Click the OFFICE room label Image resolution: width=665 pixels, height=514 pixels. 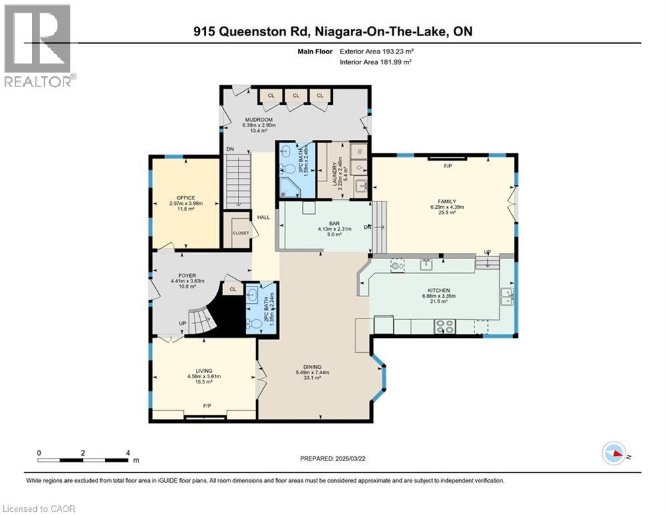(186, 198)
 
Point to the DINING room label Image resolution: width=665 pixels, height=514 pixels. (312, 367)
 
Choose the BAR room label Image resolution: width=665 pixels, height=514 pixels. (327, 222)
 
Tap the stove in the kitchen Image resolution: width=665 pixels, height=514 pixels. (444, 327)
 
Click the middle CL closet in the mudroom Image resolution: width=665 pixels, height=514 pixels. (295, 96)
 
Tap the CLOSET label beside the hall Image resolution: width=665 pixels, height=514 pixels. (240, 233)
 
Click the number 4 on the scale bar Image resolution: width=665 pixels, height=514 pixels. (127, 453)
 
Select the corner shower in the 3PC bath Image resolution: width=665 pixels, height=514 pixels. (289, 185)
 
